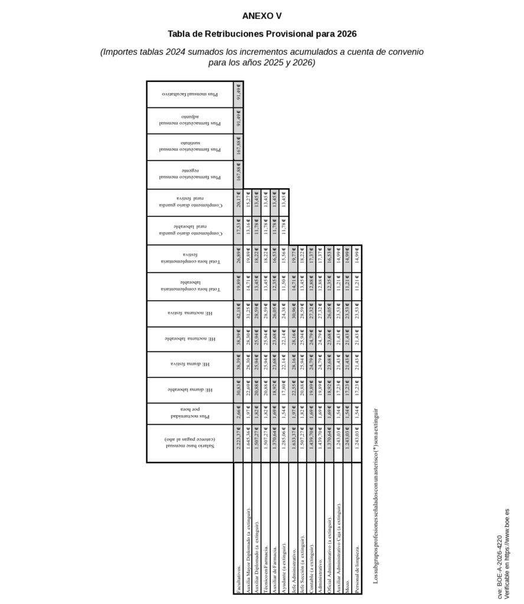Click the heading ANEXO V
click(x=262, y=16)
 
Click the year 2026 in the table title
click(x=345, y=34)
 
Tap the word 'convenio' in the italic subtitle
click(x=401, y=52)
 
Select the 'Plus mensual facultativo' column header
click(x=190, y=94)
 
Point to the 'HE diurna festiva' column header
click(x=190, y=364)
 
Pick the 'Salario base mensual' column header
click(x=190, y=443)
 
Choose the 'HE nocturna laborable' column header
click(x=190, y=339)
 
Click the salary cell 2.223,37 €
click(x=238, y=443)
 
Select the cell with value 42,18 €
click(x=238, y=313)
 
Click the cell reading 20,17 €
click(x=238, y=202)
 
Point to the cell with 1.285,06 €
click(x=284, y=443)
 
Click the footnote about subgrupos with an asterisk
click(x=376, y=495)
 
